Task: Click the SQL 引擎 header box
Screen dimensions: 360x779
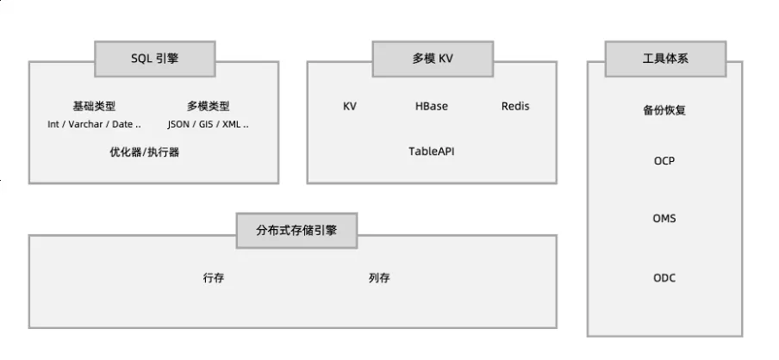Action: [x=155, y=59]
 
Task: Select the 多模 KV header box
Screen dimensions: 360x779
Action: [x=432, y=59]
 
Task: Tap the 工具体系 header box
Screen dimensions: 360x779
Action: [x=665, y=59]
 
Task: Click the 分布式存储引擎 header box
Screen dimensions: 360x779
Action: [x=296, y=230]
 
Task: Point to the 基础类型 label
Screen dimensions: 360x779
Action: [x=94, y=107]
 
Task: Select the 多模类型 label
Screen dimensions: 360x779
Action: [x=209, y=107]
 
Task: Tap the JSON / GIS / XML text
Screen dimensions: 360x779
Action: [x=209, y=124]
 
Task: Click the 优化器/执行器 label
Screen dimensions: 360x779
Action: [x=145, y=152]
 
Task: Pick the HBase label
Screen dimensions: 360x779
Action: [x=432, y=107]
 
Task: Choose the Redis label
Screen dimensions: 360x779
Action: [x=515, y=107]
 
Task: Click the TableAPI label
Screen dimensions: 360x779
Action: [x=432, y=152]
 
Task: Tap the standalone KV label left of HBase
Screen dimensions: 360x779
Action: [x=350, y=107]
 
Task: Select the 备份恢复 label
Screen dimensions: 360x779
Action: [x=664, y=111]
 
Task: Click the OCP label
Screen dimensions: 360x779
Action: [x=664, y=161]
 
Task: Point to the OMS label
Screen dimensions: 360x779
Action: [x=664, y=219]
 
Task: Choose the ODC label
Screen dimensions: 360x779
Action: [x=664, y=277]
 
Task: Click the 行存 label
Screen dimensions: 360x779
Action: [x=214, y=278]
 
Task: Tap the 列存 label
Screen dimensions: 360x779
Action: [x=379, y=278]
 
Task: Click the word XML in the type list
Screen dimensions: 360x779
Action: [x=233, y=124]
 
